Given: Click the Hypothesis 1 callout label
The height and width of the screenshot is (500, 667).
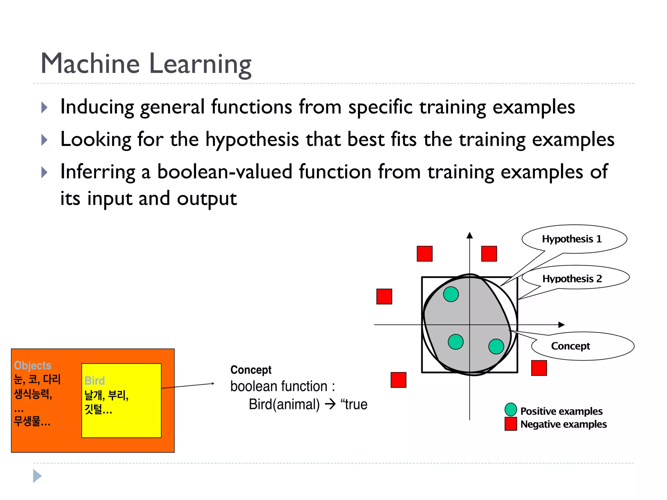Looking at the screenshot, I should pyautogui.click(x=572, y=239).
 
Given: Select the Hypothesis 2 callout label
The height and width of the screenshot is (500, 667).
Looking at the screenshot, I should pyautogui.click(x=572, y=279).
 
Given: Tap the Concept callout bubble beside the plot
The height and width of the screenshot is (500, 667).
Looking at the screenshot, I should pyautogui.click(x=571, y=346).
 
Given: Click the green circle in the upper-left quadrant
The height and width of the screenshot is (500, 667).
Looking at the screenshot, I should pyautogui.click(x=451, y=294).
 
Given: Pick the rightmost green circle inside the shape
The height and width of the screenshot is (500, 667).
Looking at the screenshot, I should pyautogui.click(x=496, y=346).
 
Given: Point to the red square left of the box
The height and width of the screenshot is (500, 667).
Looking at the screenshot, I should pyautogui.click(x=384, y=296).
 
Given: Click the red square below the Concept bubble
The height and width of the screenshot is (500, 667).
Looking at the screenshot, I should pyautogui.click(x=539, y=368).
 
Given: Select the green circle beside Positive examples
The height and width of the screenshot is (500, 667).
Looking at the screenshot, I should pyautogui.click(x=511, y=410).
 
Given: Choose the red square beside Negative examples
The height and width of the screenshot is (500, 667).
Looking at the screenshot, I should pyautogui.click(x=511, y=424).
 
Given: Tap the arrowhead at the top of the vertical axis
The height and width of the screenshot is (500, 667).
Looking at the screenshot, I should pyautogui.click(x=469, y=235).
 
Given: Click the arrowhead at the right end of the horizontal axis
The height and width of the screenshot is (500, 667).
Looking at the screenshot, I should pyautogui.click(x=561, y=325).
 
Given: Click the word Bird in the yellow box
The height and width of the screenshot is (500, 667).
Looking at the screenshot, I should pyautogui.click(x=94, y=381).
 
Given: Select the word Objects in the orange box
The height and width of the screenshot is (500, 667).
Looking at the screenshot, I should pyautogui.click(x=33, y=366).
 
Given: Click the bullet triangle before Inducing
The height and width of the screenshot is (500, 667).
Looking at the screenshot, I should pyautogui.click(x=45, y=107).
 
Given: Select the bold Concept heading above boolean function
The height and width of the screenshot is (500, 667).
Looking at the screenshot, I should pyautogui.click(x=251, y=370).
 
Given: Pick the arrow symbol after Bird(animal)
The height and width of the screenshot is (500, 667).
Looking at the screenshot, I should pyautogui.click(x=330, y=404).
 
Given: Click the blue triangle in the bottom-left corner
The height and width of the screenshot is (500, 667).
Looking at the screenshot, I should pyautogui.click(x=37, y=476).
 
